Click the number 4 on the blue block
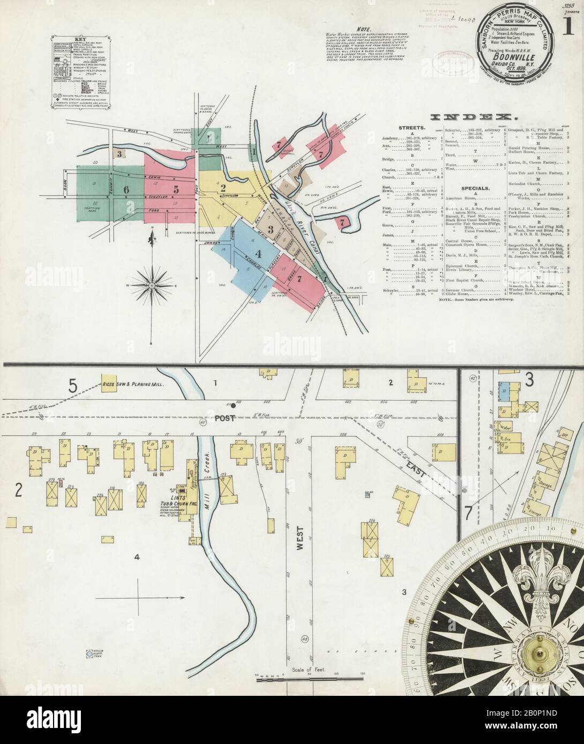pyautogui.click(x=258, y=254)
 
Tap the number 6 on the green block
pyautogui.click(x=126, y=189)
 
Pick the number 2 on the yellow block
pyautogui.click(x=222, y=187)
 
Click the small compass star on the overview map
pyautogui.click(x=153, y=286)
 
